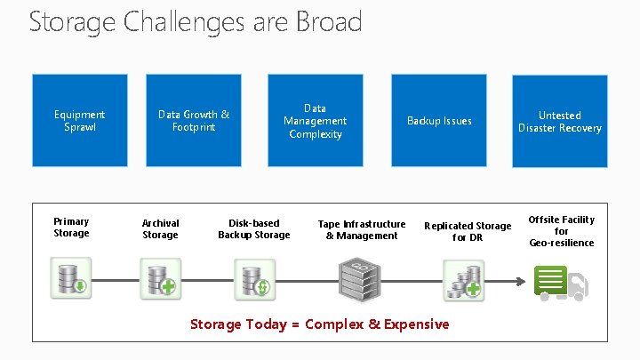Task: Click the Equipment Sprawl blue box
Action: point(79,121)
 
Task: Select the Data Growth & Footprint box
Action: point(194,121)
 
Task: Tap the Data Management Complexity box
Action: point(315,121)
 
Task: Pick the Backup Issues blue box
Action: point(439,121)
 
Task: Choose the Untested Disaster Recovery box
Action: point(560,122)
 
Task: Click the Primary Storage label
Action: point(71,228)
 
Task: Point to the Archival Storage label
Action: point(160,229)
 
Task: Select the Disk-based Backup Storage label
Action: point(253,229)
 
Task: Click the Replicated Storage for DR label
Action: point(468,232)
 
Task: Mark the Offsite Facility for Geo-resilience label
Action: point(562,231)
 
